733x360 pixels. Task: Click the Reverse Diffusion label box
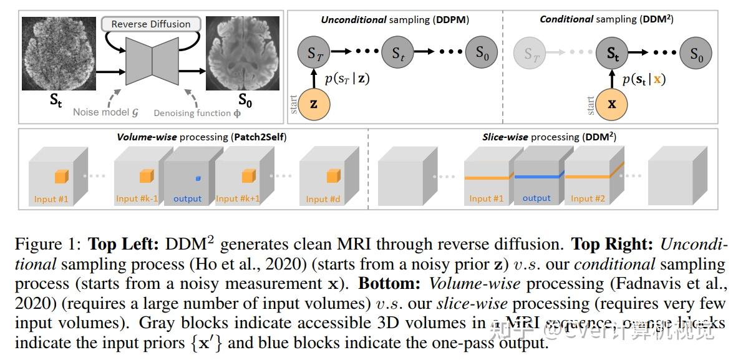point(151,24)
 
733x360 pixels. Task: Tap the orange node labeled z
point(314,104)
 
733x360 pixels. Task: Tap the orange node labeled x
point(612,104)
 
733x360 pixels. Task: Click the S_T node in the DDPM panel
point(314,54)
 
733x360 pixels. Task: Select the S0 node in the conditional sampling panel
point(696,54)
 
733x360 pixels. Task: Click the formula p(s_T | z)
point(348,79)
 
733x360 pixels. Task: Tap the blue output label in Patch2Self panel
point(188,198)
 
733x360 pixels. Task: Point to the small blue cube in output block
point(198,178)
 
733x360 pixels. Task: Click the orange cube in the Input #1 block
point(61,177)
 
